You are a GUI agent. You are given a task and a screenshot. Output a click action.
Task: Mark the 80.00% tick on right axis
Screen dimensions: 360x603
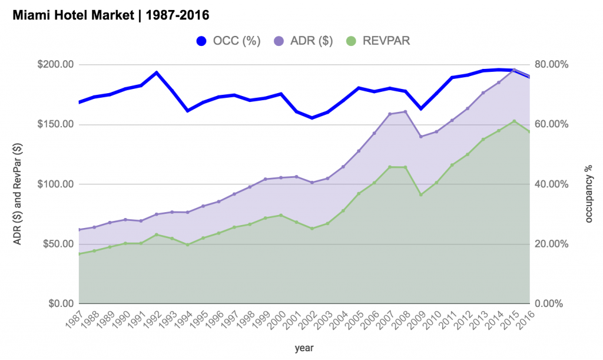pos(551,64)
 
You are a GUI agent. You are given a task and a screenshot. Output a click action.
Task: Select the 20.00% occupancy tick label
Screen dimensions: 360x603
pos(551,244)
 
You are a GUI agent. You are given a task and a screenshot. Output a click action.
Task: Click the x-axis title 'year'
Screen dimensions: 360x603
pos(304,348)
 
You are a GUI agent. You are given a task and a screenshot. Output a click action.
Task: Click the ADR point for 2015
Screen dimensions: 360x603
pos(514,70)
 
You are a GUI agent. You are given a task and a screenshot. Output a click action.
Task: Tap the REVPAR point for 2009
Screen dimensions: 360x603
pos(420,194)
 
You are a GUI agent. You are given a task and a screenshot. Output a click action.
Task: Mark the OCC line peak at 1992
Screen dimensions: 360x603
pos(156,72)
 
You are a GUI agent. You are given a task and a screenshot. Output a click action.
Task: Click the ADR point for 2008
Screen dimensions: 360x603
pos(405,111)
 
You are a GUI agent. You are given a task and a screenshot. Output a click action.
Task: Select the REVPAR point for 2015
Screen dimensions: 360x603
pos(514,121)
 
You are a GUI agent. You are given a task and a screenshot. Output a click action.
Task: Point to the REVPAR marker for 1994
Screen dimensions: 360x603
pos(187,245)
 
